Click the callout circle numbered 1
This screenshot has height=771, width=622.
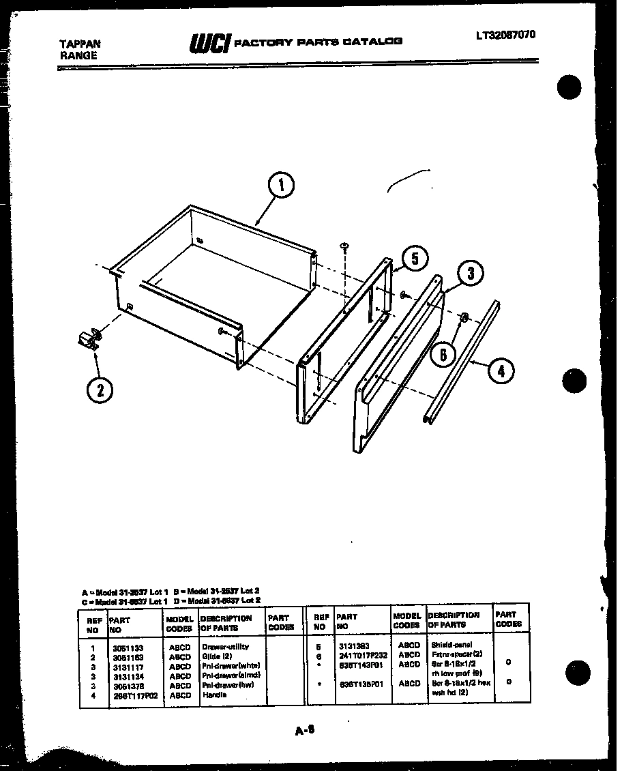pos(282,184)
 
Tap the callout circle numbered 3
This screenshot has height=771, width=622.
pos(469,274)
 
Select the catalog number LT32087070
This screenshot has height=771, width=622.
pos(505,35)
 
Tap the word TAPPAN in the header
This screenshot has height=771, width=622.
pos(80,43)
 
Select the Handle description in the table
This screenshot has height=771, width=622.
pos(214,695)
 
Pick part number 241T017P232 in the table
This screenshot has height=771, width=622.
pos(361,654)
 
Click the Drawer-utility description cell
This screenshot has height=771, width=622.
pos(225,646)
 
